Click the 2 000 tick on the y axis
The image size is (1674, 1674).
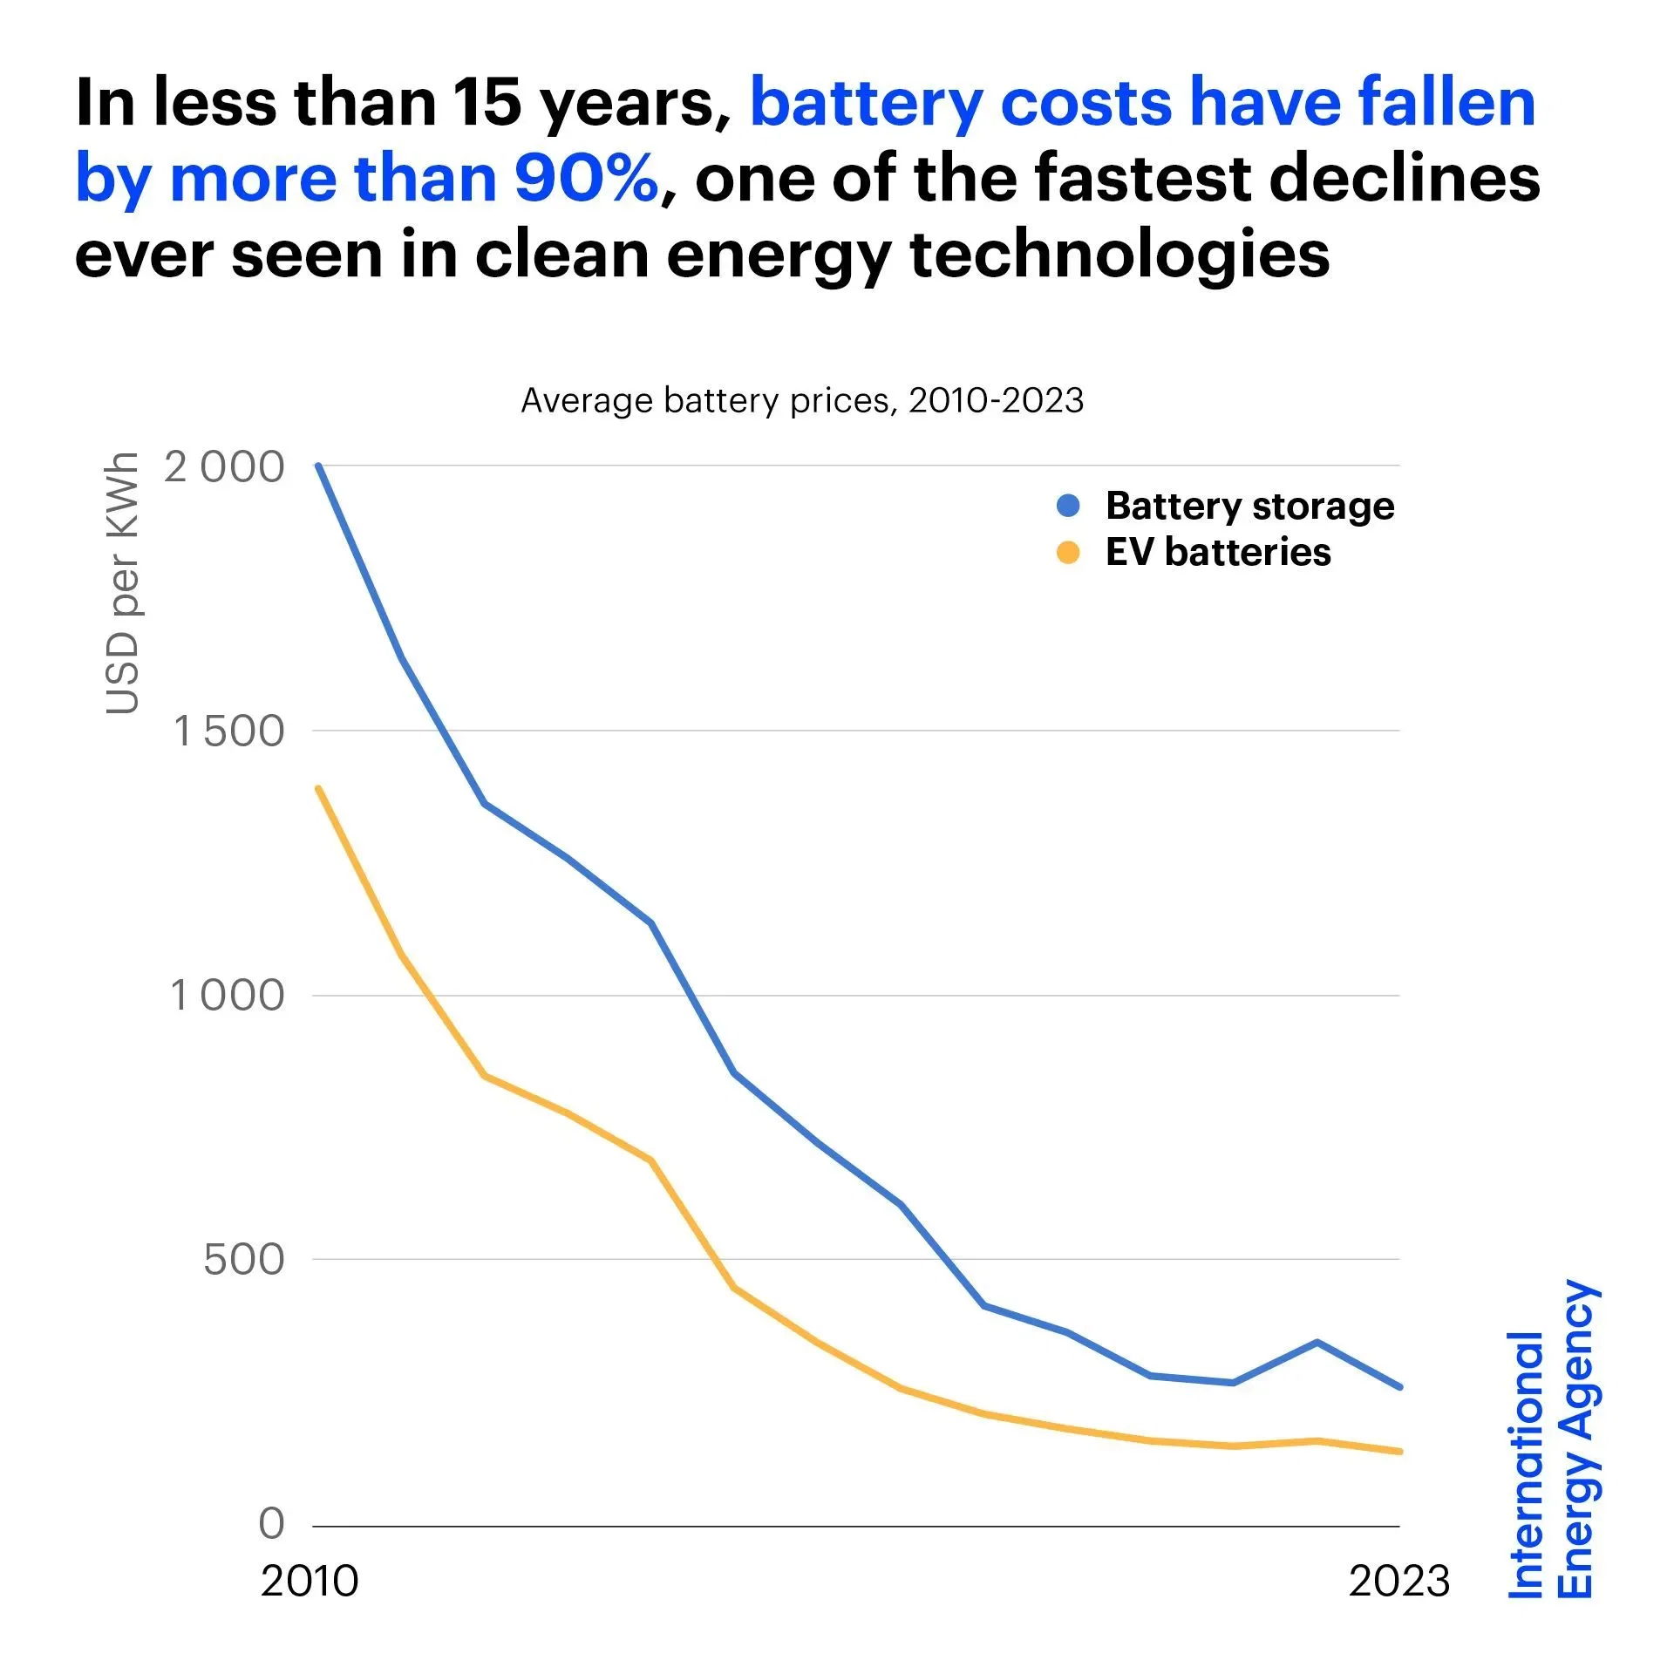pyautogui.click(x=224, y=467)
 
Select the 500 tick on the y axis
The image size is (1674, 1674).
pyautogui.click(x=243, y=1260)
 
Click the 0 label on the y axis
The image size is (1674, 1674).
pyautogui.click(x=271, y=1523)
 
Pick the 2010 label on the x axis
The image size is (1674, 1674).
pyautogui.click(x=309, y=1581)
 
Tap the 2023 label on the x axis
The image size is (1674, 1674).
pyautogui.click(x=1398, y=1581)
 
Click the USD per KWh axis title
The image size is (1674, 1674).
pyautogui.click(x=122, y=583)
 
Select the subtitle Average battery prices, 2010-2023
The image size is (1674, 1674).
pyautogui.click(x=801, y=400)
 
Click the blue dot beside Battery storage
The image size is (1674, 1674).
pyautogui.click(x=1067, y=506)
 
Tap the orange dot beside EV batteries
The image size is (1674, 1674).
pyautogui.click(x=1067, y=553)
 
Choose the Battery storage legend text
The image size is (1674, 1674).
pyautogui.click(x=1249, y=506)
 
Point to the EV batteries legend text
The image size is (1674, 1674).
pyautogui.click(x=1218, y=553)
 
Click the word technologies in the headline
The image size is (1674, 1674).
pyautogui.click(x=1119, y=255)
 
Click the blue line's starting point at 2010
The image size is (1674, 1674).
pyautogui.click(x=319, y=466)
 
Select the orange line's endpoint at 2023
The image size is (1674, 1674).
pyautogui.click(x=1399, y=1452)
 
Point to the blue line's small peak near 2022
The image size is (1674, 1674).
pyautogui.click(x=1317, y=1342)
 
